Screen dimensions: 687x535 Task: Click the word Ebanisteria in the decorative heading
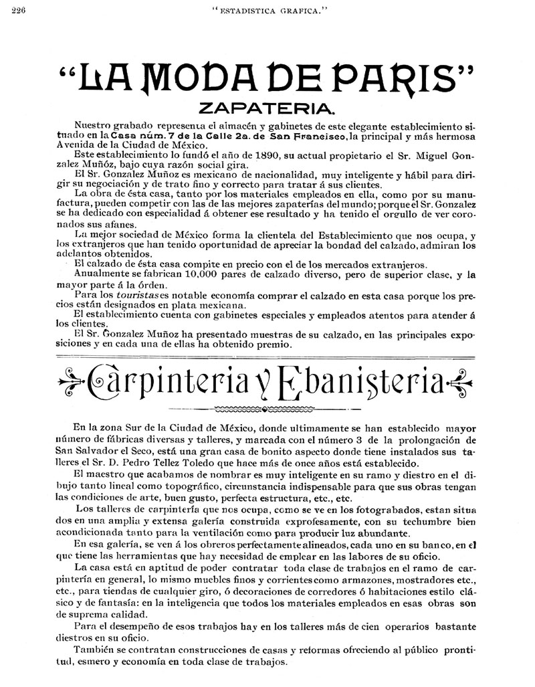click(x=358, y=382)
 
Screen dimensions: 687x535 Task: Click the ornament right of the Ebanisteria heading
click(x=460, y=383)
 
